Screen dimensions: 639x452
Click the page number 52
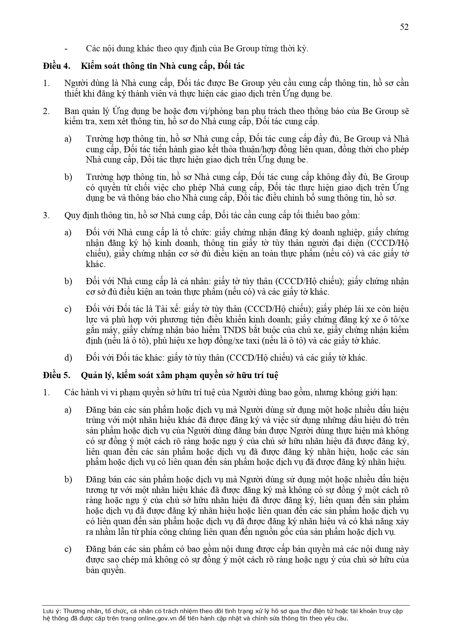click(404, 27)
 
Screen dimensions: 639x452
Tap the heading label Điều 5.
click(56, 376)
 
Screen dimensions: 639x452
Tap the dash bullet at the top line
click(66, 48)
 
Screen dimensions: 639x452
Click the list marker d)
click(68, 358)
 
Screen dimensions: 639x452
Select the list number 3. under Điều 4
click(46, 215)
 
